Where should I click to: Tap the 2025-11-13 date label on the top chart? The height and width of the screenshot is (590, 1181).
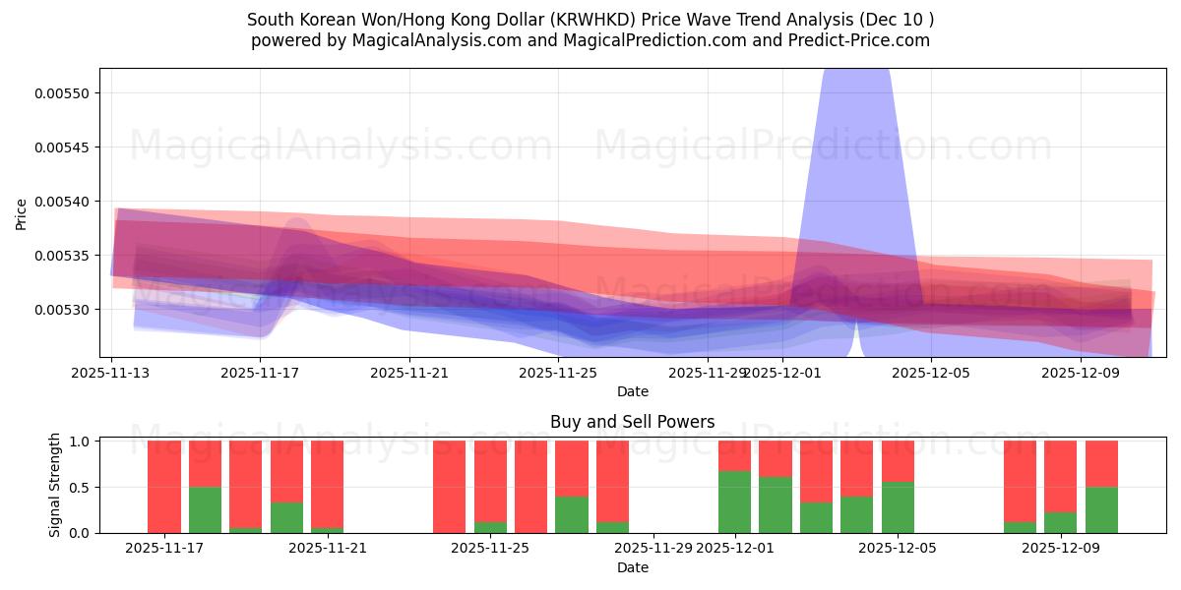pyautogui.click(x=111, y=374)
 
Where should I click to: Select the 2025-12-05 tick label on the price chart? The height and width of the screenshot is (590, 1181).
pyautogui.click(x=930, y=374)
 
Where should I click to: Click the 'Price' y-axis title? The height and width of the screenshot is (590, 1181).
pyautogui.click(x=22, y=212)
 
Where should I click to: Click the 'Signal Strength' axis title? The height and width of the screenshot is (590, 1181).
pyautogui.click(x=55, y=485)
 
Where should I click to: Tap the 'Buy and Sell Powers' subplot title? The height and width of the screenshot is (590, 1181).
pyautogui.click(x=633, y=422)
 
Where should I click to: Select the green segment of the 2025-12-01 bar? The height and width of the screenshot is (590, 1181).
pyautogui.click(x=734, y=501)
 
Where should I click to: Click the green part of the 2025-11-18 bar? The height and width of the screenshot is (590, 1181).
pyautogui.click(x=205, y=509)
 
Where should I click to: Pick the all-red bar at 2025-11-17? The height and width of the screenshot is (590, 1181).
pyautogui.click(x=163, y=487)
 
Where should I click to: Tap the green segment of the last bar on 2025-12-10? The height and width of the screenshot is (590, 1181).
pyautogui.click(x=1101, y=509)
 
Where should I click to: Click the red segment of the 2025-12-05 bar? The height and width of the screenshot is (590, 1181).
pyautogui.click(x=898, y=460)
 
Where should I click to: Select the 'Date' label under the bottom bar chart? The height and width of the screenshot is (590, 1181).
pyautogui.click(x=633, y=567)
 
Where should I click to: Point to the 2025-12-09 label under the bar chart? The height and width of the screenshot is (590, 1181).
pyautogui.click(x=1061, y=548)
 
